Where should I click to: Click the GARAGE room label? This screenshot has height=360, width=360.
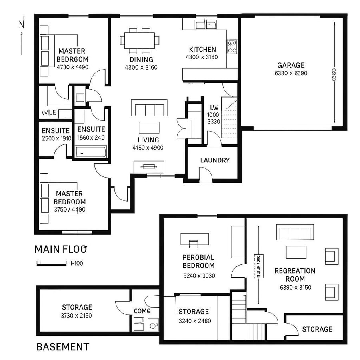coord(291,65)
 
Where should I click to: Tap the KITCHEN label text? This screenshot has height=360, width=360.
coord(202,50)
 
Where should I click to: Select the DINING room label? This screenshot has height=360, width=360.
coord(141,60)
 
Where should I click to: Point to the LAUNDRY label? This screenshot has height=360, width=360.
coord(215,160)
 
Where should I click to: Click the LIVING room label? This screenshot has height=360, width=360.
coord(148,140)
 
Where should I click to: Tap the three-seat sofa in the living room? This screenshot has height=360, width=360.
coord(149,109)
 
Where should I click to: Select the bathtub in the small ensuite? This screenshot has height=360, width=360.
coord(92,152)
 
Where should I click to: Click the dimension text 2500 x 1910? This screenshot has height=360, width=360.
coord(56,138)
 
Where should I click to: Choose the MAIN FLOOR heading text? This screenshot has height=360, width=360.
coord(61,249)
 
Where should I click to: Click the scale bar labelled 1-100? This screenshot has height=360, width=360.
coord(52,263)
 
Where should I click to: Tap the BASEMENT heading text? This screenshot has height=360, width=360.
coord(63,347)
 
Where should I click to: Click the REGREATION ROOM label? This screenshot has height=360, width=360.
coord(295,275)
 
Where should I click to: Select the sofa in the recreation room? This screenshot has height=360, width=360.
coord(295,232)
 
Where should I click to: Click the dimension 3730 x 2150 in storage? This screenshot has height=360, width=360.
coord(77,316)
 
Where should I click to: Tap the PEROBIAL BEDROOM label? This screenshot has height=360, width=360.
coord(198,261)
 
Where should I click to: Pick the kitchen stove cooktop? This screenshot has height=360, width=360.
coord(232,47)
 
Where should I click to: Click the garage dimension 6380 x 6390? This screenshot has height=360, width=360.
coord(291,73)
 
